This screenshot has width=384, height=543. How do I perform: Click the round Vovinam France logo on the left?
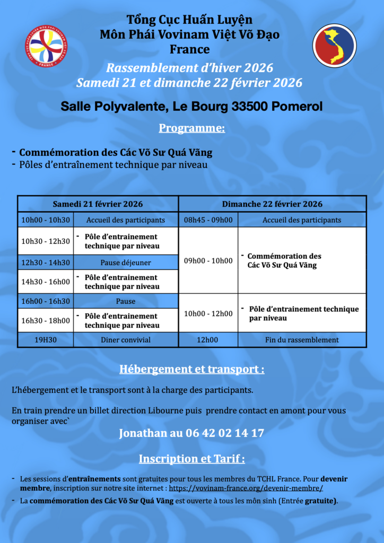pos(46,47)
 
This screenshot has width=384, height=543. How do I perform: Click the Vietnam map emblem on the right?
pos(334,46)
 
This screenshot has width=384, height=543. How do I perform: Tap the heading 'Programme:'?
pos(191,128)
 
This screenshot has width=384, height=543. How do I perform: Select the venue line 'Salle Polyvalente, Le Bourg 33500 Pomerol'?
pos(191,107)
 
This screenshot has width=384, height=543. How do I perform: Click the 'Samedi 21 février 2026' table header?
pos(98,204)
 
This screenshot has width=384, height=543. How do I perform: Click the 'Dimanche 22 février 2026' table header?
pos(272,204)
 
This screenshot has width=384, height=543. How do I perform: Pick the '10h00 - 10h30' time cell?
pos(46,220)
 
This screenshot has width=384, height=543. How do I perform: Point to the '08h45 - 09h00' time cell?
pos(208,220)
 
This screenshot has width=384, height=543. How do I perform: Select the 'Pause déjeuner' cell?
pos(126,262)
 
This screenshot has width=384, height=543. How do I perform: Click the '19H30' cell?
pos(46,340)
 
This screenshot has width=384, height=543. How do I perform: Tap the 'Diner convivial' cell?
pos(126,340)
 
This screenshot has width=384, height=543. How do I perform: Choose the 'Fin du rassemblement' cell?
pos(302,340)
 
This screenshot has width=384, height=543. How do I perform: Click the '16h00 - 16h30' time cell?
pos(46,301)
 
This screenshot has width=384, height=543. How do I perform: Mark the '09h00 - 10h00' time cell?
pos(208,260)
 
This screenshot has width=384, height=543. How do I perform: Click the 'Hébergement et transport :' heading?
pos(191,370)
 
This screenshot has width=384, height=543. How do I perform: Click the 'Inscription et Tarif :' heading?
pos(191,459)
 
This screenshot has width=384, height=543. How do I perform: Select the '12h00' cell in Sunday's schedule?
pos(208,340)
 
